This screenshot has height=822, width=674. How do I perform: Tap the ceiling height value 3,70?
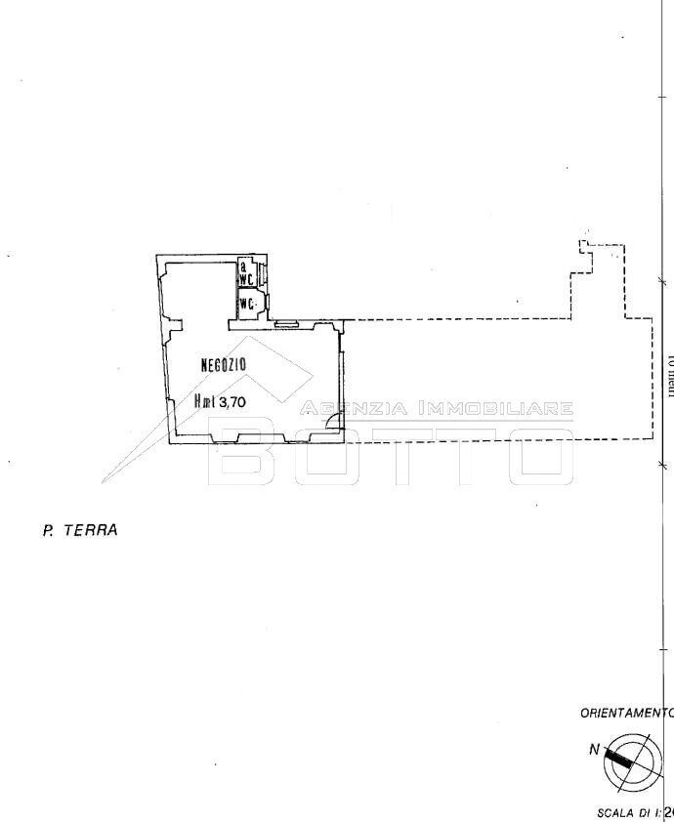tap(232, 400)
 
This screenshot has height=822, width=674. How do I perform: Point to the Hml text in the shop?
tap(205, 400)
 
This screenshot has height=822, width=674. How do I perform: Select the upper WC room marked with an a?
tap(246, 273)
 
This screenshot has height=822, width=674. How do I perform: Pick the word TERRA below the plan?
tap(90, 531)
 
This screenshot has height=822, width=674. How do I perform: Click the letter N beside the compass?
tap(594, 750)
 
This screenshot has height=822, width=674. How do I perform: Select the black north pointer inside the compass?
tap(618, 756)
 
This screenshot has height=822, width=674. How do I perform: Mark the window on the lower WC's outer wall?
tap(267, 302)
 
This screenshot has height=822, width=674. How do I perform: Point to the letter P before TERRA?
tap(47, 531)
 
